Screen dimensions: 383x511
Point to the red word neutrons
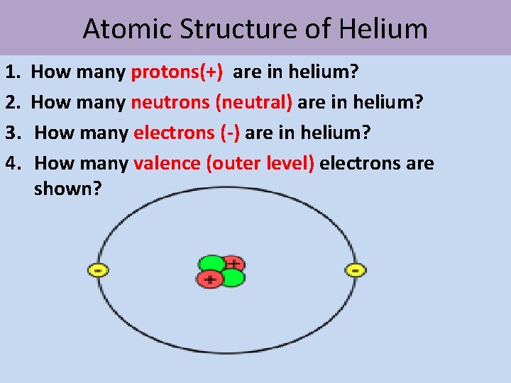[x=170, y=103]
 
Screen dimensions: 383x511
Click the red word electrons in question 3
[x=173, y=133]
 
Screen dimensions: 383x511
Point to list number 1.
[x=11, y=72]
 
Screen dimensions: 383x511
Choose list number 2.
[x=11, y=103]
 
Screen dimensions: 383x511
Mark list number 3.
[x=11, y=133]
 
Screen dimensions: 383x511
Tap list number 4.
[x=11, y=163]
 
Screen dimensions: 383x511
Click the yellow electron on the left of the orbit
[x=98, y=270]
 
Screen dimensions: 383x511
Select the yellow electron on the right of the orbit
[x=355, y=270]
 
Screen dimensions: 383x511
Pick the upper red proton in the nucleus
[x=231, y=263]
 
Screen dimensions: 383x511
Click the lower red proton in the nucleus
[x=209, y=279]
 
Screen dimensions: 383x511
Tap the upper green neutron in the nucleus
[x=210, y=262]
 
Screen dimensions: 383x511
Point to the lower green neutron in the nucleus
[x=231, y=278]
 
